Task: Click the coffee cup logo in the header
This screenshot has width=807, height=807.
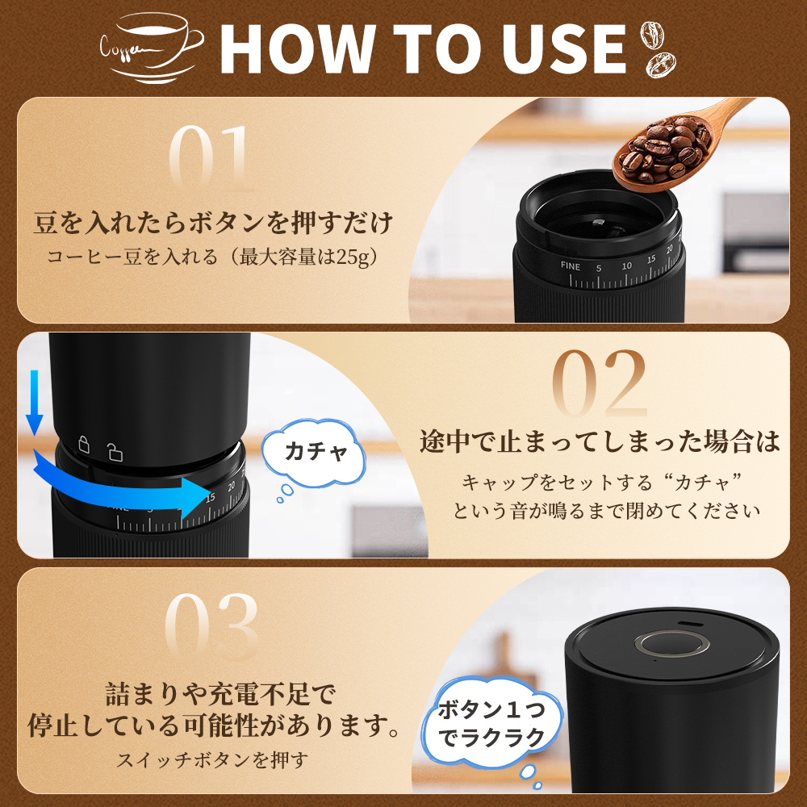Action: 152,48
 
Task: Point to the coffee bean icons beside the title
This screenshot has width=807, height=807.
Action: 659,49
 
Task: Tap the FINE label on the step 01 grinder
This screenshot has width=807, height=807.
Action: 571,266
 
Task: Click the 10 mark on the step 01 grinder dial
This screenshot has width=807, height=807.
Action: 626,266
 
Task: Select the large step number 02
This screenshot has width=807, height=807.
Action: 600,384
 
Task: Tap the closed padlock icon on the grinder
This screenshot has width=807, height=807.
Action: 83,444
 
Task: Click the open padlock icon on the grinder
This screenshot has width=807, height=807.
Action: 115,451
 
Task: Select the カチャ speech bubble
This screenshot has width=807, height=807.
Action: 314,453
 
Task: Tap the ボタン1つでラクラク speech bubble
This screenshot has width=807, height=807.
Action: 492,723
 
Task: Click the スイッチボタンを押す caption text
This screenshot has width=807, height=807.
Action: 212,759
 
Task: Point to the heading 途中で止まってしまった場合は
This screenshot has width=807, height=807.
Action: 600,441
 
